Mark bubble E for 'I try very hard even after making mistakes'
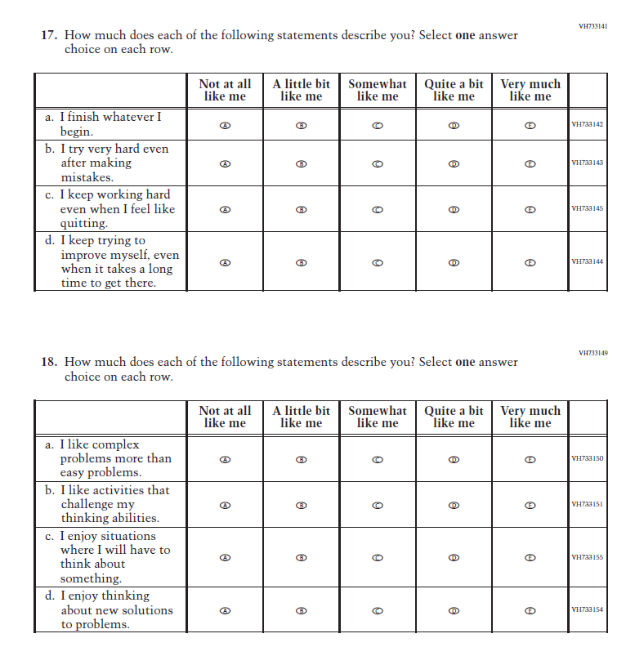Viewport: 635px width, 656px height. click(x=530, y=163)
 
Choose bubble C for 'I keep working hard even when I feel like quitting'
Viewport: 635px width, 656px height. click(x=378, y=209)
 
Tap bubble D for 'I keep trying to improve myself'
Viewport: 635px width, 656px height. click(x=454, y=262)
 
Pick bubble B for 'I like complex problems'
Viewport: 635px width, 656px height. click(x=302, y=459)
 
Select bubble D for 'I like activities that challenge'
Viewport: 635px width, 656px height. click(x=454, y=504)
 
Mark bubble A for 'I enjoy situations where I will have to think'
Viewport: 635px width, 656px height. click(x=226, y=557)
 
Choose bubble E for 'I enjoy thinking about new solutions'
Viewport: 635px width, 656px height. click(x=530, y=610)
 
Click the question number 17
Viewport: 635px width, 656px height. click(x=49, y=36)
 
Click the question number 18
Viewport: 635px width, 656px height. click(x=49, y=363)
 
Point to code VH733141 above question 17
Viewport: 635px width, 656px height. click(x=593, y=26)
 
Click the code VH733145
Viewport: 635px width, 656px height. click(x=588, y=209)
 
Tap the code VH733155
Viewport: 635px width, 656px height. click(x=588, y=557)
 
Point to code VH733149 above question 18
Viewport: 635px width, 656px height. click(x=593, y=353)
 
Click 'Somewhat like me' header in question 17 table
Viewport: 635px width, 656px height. click(x=378, y=90)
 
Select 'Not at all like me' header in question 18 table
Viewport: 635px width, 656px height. click(x=226, y=417)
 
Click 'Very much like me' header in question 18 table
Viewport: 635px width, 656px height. click(x=530, y=417)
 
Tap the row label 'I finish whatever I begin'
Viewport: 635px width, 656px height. click(x=110, y=124)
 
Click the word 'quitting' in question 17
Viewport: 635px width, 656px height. click(x=84, y=224)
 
